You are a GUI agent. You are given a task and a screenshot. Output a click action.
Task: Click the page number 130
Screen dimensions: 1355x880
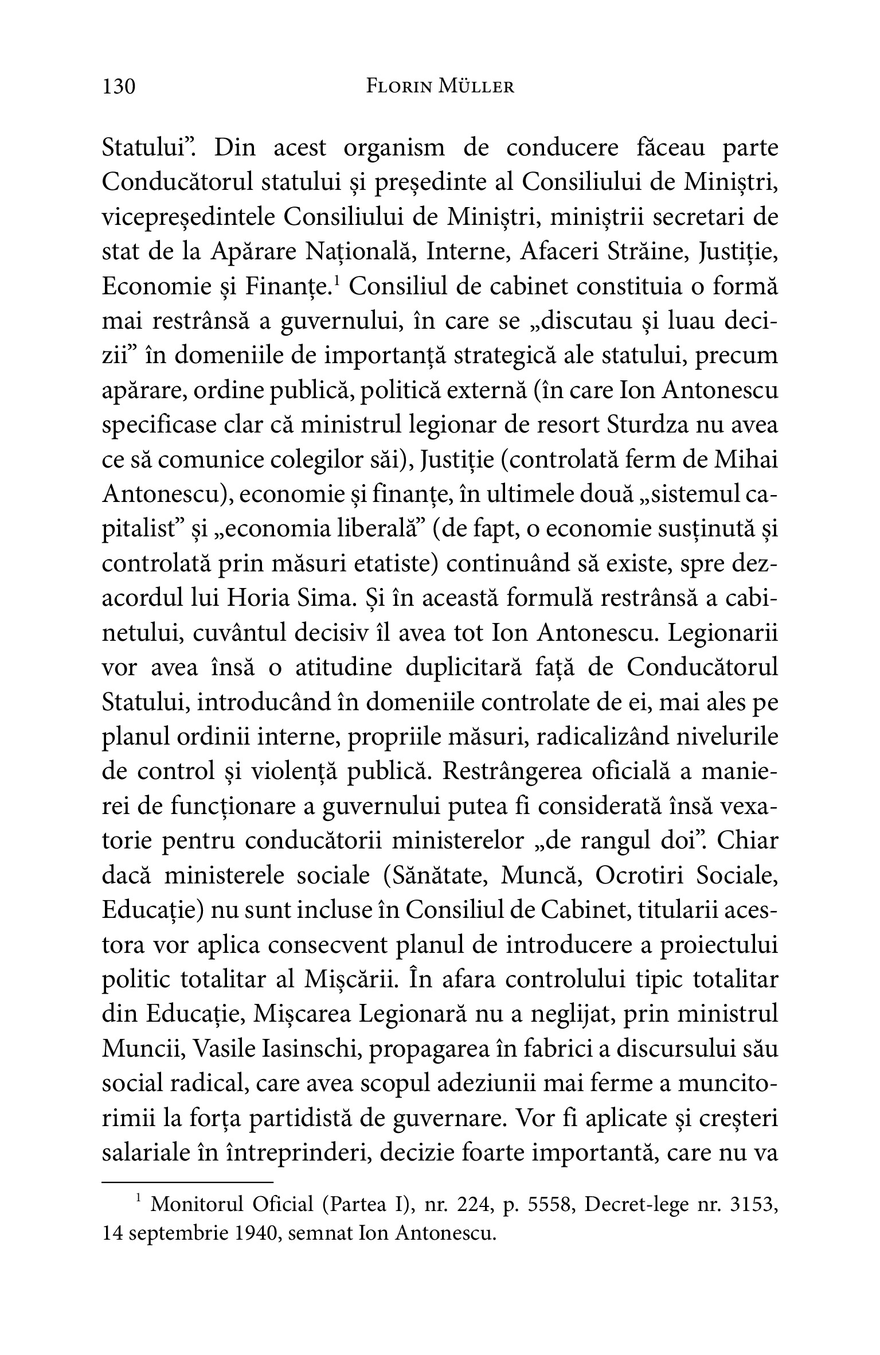click(x=119, y=87)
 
